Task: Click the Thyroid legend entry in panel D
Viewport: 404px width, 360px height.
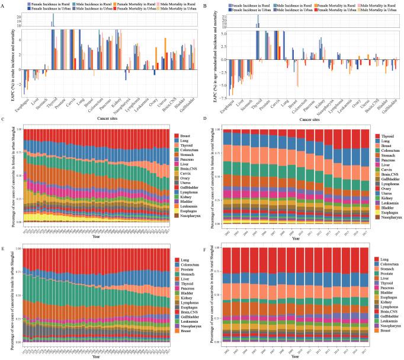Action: click(385, 136)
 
